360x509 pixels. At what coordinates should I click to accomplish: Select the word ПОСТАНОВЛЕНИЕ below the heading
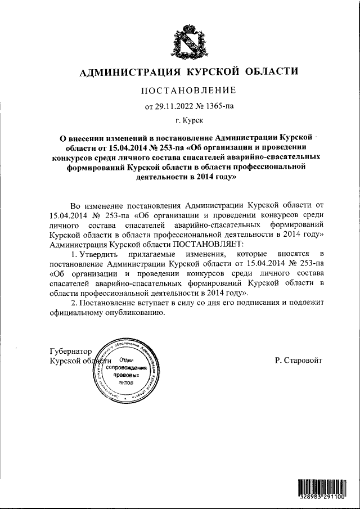click(187, 90)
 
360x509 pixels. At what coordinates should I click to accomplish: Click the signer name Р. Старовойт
click(298, 359)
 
